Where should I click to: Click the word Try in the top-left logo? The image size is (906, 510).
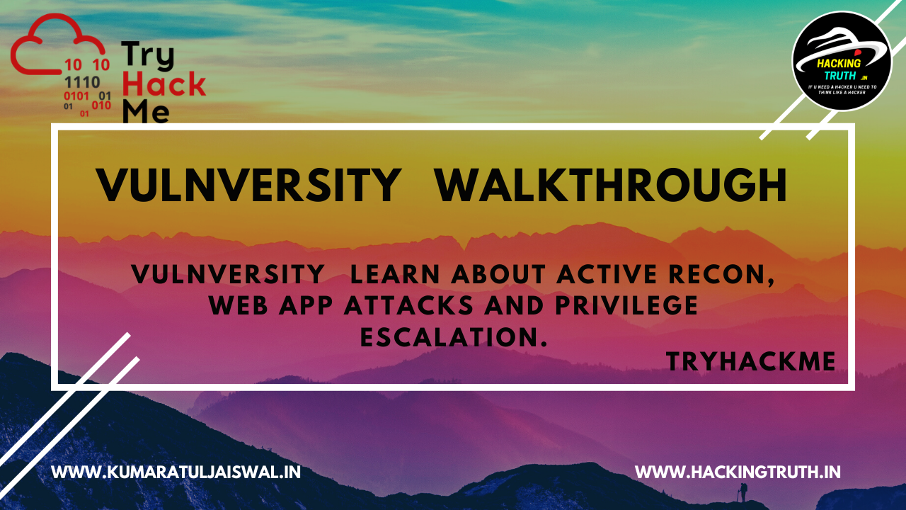click(x=147, y=55)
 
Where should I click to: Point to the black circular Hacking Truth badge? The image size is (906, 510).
click(x=842, y=61)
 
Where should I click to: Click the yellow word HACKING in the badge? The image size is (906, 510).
click(x=839, y=62)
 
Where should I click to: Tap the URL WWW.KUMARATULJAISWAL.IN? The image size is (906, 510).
click(x=176, y=472)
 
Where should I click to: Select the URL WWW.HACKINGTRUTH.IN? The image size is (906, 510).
click(x=738, y=472)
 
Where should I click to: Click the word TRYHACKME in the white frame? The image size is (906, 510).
click(x=751, y=362)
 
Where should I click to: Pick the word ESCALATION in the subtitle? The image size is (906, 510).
click(x=454, y=337)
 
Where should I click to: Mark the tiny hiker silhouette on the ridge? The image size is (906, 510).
click(x=742, y=491)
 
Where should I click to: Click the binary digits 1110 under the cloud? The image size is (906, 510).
click(x=82, y=81)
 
